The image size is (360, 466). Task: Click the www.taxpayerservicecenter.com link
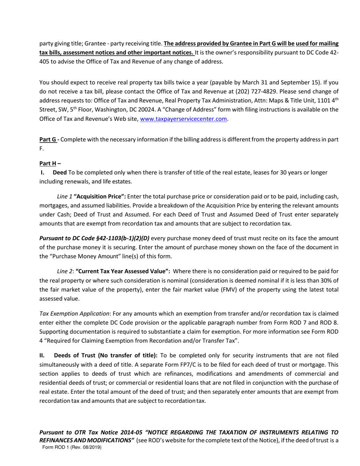click(183, 119)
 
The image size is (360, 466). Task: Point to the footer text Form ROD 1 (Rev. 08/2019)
click(72, 447)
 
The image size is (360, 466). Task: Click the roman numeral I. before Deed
click(43, 172)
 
